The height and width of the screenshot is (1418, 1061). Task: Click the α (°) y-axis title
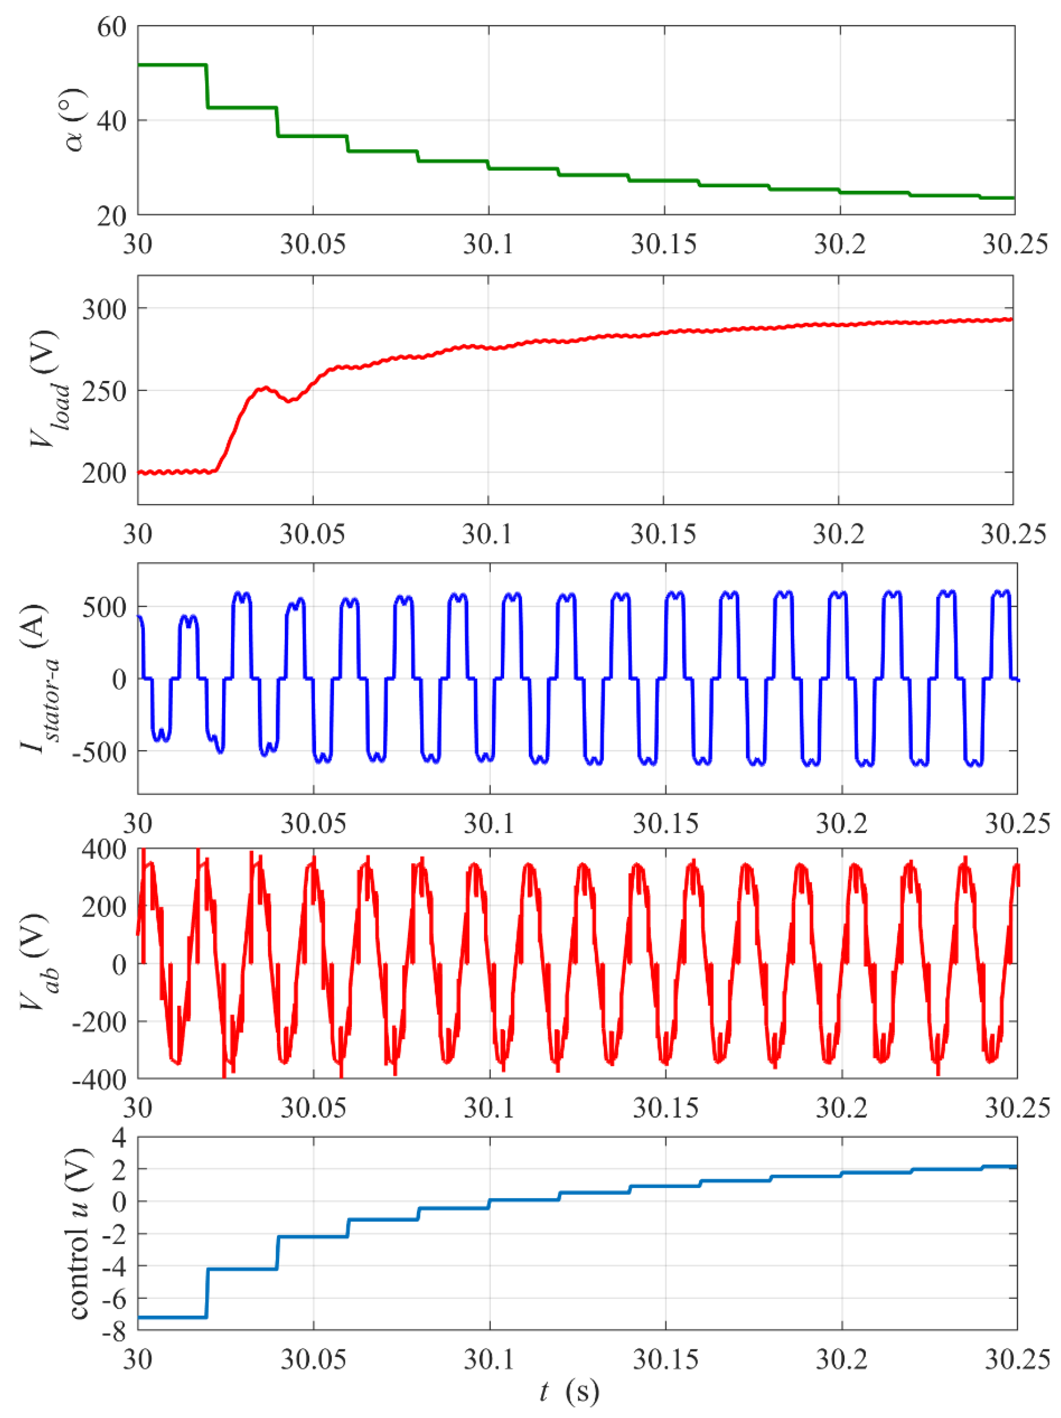pos(76,120)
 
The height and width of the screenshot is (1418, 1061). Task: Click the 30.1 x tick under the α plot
pos(489,244)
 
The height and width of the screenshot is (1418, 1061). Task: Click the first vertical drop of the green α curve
pos(207,87)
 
